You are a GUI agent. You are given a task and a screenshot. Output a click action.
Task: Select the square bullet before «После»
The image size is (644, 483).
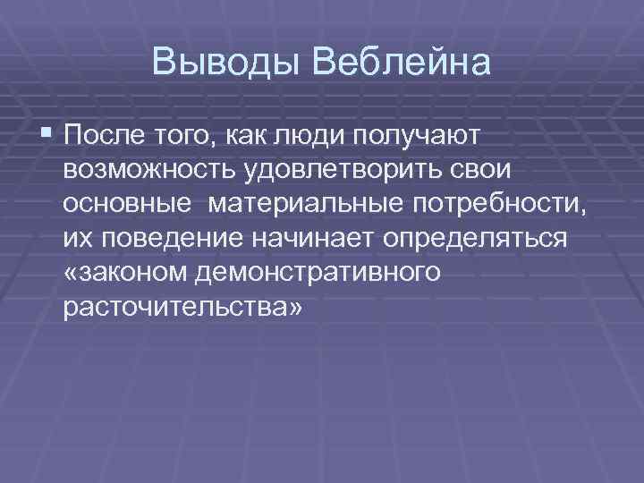point(47,136)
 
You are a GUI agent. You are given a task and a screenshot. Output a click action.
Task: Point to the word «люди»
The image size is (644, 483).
point(301,136)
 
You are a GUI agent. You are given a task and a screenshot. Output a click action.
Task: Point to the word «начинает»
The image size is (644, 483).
point(330,238)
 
